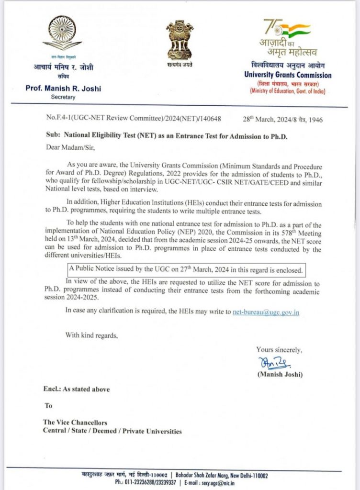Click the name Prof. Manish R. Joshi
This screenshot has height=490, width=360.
tap(64, 89)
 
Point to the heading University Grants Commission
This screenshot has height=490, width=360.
tap(287, 76)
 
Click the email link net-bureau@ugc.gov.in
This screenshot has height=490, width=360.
tap(266, 312)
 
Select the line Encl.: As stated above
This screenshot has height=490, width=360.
tap(77, 389)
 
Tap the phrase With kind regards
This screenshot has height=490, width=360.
tap(91, 335)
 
